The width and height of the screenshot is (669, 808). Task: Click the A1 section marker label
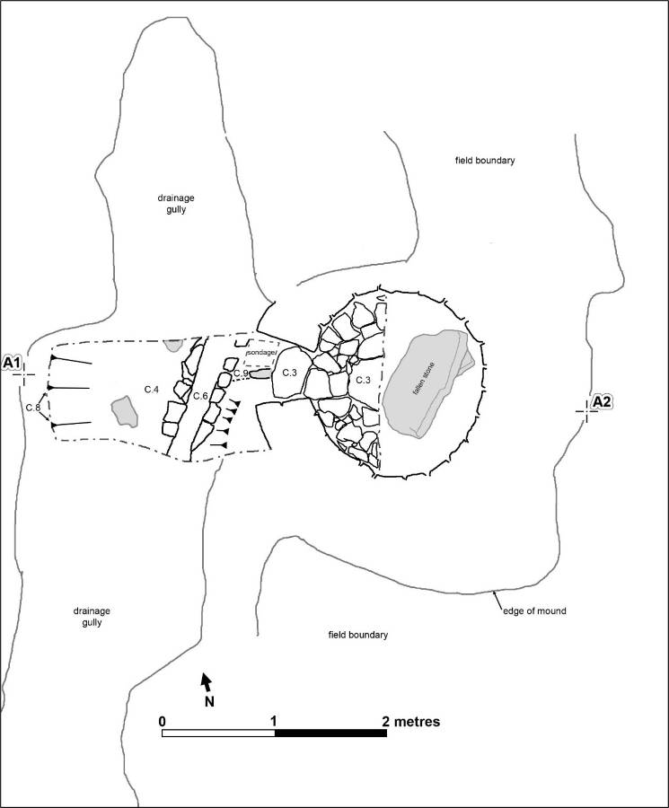(13, 362)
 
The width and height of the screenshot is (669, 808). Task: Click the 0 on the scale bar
(162, 721)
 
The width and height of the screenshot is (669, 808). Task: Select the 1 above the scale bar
(273, 721)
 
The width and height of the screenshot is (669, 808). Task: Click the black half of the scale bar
(330, 733)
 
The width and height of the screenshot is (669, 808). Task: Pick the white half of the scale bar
(218, 733)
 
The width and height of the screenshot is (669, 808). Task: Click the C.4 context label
(152, 389)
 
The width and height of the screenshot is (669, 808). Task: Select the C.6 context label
(200, 396)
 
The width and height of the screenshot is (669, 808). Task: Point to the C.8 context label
(33, 408)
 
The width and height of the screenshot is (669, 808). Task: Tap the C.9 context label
(240, 373)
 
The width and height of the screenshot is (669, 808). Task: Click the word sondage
(261, 354)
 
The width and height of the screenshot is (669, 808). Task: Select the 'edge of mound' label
(534, 610)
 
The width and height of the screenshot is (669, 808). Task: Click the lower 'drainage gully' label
(92, 616)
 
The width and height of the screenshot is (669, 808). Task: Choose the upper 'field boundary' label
(484, 161)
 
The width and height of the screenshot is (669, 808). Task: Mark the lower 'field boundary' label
(357, 635)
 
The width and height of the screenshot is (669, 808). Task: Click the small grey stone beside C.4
(125, 412)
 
